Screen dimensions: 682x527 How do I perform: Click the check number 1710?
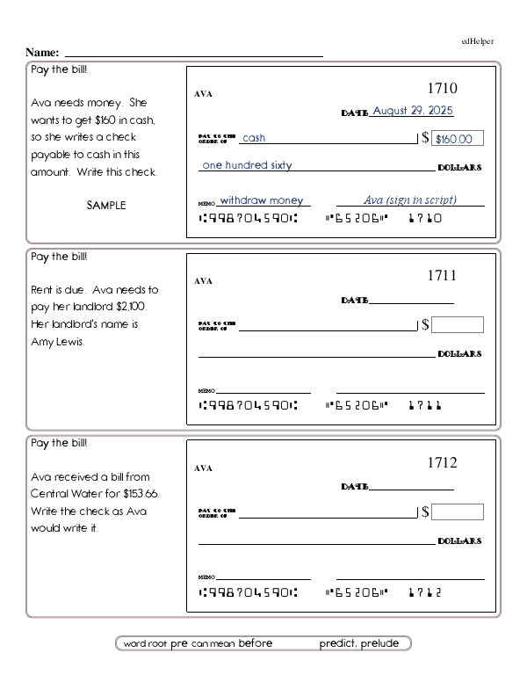coord(442,89)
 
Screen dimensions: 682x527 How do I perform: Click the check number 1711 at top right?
coord(442,276)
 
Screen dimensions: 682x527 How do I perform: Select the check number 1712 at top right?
coord(442,463)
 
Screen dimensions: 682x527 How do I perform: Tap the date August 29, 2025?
coord(413,112)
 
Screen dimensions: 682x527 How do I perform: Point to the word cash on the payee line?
coord(254,138)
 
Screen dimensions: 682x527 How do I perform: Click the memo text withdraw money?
coord(261,200)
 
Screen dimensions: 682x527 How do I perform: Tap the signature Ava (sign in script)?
coord(410,200)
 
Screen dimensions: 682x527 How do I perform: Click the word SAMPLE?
coord(106,205)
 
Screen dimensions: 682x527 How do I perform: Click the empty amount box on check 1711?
coord(457,325)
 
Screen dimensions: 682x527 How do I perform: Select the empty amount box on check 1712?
coord(457,511)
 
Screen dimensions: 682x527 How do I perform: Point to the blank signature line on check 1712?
coord(410,578)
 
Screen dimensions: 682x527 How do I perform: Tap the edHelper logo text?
coord(477,41)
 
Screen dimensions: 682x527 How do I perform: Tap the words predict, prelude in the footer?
coord(359,643)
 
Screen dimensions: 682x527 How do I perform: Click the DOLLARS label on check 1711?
coord(459,354)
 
